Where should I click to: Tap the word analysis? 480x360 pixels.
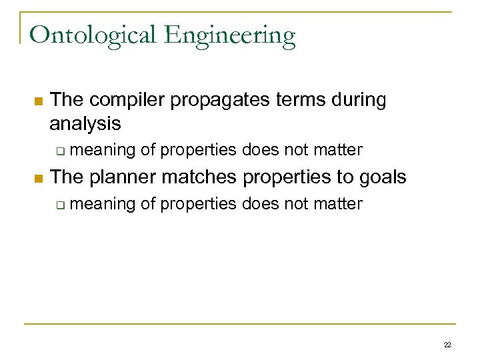[x=85, y=123]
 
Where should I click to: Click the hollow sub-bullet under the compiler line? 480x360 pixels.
[x=60, y=151]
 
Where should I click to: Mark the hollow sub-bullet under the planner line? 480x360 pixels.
[x=60, y=205]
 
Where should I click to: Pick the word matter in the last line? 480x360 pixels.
[x=340, y=203]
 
